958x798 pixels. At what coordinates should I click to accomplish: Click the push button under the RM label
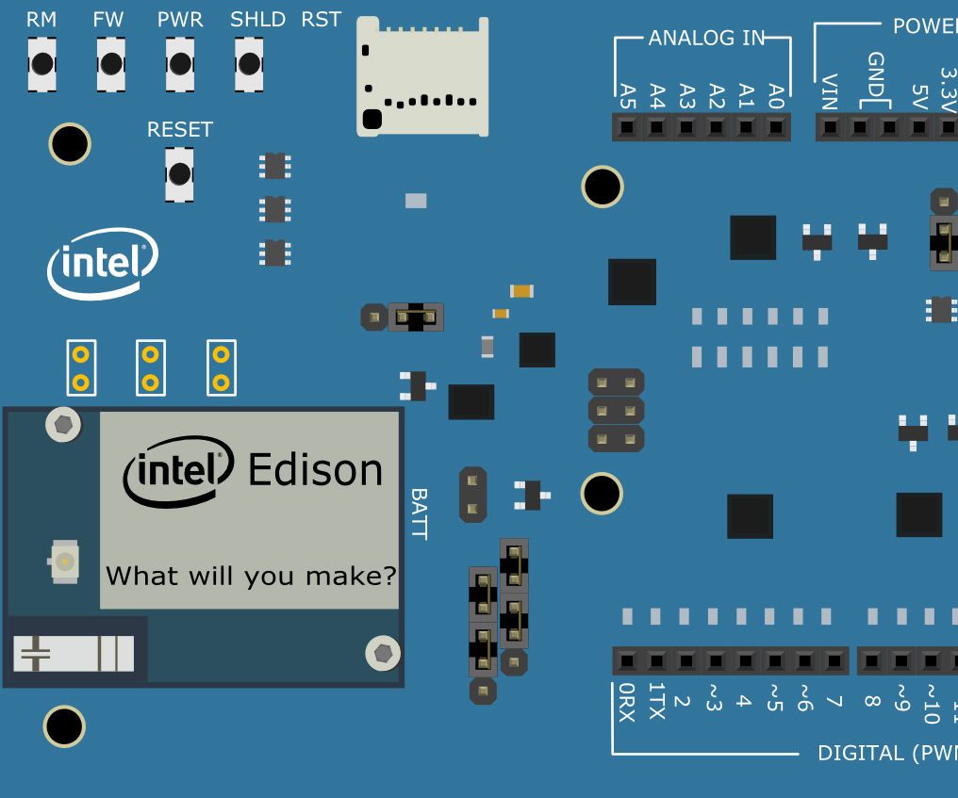[41, 64]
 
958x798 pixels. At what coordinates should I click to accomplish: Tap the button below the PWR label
[180, 64]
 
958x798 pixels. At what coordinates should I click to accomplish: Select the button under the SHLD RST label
[249, 64]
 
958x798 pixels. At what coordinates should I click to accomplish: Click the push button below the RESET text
[179, 173]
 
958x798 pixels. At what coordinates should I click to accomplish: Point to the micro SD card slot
[422, 76]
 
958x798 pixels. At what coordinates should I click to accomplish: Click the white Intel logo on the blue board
[102, 263]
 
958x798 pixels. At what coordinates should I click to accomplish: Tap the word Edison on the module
[315, 469]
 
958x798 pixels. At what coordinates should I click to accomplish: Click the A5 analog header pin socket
[627, 126]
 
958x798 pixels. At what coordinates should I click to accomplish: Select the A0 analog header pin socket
[775, 126]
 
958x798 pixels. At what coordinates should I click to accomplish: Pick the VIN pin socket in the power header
[830, 126]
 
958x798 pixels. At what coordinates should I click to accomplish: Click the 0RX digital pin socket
[627, 660]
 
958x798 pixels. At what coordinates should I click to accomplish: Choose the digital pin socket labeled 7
[833, 660]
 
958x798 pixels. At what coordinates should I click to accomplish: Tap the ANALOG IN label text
[704, 39]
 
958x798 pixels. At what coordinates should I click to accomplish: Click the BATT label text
[419, 513]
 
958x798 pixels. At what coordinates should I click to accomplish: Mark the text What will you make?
[251, 575]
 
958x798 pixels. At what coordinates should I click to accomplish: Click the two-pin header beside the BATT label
[472, 495]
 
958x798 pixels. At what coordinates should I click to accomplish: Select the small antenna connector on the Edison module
[64, 562]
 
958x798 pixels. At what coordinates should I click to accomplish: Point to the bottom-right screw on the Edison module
[382, 651]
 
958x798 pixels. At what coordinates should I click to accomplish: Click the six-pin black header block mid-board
[617, 410]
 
